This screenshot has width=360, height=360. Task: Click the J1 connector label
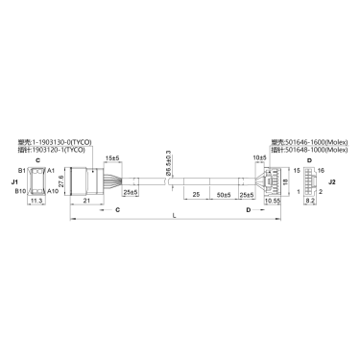click(14, 180)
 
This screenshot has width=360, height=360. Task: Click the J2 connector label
click(331, 180)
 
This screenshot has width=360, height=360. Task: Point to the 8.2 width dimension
click(309, 203)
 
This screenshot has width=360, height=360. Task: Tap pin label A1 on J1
click(51, 169)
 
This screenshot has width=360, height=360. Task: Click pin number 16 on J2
click(321, 170)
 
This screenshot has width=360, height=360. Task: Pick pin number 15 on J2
click(297, 170)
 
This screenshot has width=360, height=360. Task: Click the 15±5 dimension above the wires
click(112, 157)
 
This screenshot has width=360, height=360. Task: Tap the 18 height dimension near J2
click(284, 180)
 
